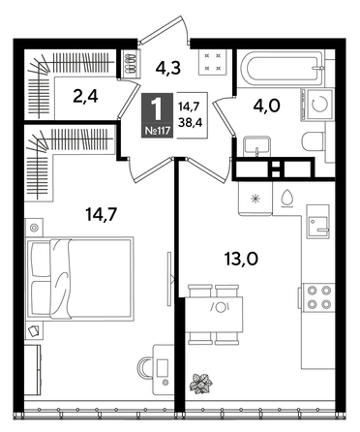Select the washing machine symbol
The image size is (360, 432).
point(318,101)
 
